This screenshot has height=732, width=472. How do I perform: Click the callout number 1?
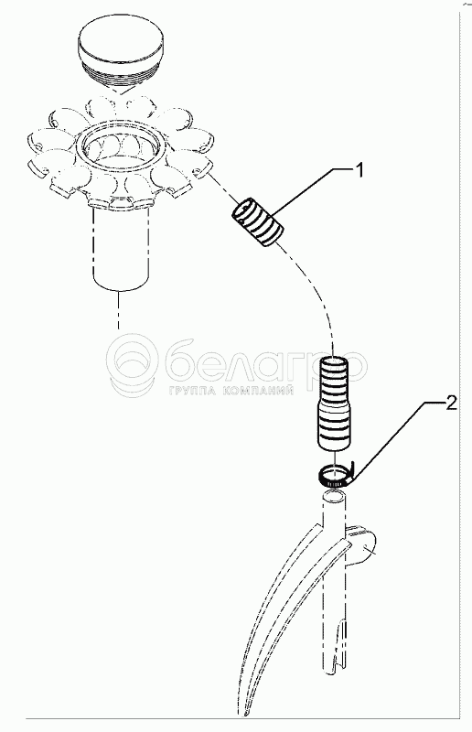(359, 171)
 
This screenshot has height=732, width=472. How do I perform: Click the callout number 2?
(451, 403)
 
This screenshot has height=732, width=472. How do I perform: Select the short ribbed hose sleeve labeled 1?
(258, 222)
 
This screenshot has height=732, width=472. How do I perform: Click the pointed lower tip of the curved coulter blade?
(244, 715)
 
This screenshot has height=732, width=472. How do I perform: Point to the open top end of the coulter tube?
(334, 495)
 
